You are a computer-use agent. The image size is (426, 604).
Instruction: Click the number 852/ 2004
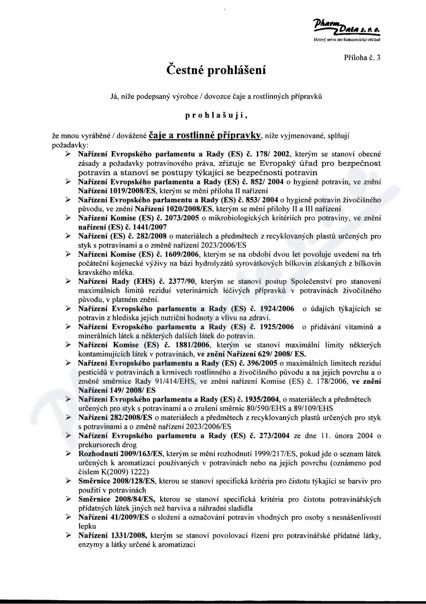tap(266, 181)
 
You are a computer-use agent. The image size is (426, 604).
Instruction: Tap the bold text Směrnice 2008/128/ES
tap(117, 481)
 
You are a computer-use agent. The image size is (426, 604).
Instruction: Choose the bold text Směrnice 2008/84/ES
tap(115, 499)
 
